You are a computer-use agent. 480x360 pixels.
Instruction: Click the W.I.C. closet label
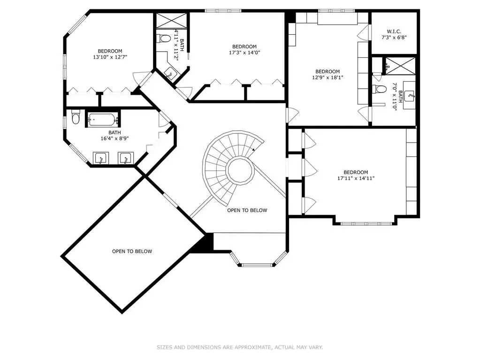394,31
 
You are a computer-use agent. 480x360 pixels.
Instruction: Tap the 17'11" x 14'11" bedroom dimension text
356,178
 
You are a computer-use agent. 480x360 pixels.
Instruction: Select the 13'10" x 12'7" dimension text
110,57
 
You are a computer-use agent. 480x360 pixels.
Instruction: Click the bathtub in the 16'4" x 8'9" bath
103,119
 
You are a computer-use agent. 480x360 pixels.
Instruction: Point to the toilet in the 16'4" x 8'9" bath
75,116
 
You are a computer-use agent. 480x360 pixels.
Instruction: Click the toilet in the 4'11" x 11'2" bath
164,38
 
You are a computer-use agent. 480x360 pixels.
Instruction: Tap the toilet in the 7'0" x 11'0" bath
380,89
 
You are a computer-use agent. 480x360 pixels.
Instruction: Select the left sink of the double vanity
100,159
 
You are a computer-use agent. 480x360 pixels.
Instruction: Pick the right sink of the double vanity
125,159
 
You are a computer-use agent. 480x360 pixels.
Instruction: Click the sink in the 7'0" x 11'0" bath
410,96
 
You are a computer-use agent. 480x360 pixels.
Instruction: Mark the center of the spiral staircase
240,169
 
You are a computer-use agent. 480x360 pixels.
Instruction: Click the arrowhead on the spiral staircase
253,150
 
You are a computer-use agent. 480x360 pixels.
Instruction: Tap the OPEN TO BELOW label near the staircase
247,210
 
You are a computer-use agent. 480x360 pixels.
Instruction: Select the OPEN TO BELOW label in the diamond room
132,251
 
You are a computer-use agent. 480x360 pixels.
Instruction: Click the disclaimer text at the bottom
240,347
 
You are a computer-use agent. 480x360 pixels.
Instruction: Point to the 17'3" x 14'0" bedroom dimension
244,53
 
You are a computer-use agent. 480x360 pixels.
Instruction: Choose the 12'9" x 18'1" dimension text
328,77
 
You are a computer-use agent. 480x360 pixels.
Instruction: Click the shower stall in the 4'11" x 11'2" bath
171,21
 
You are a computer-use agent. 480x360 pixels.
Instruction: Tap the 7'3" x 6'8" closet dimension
394,38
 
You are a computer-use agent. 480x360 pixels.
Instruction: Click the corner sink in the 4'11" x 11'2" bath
170,74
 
